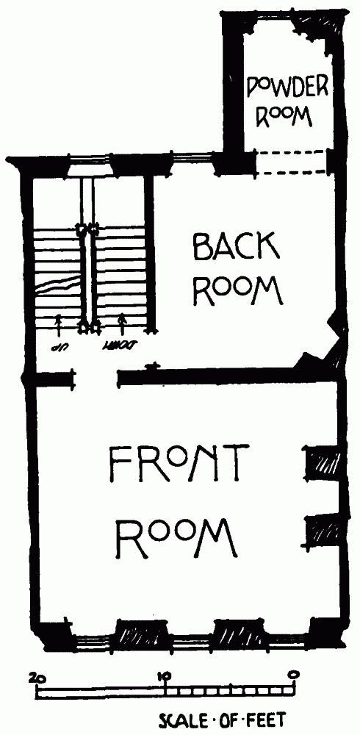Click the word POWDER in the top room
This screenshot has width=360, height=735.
click(288, 87)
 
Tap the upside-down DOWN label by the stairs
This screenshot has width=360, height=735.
click(121, 348)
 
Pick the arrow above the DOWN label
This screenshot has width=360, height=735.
click(123, 325)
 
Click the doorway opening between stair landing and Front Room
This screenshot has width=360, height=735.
click(96, 378)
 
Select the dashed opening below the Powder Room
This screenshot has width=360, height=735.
click(291, 162)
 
